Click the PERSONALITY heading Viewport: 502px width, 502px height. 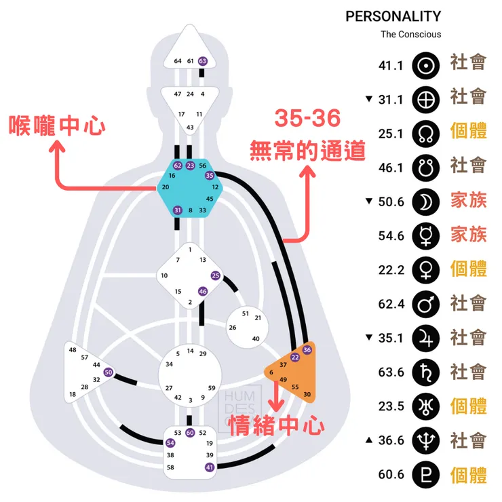pos(393,16)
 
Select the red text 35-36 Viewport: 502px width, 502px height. pos(307,117)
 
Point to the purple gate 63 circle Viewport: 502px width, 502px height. pos(202,61)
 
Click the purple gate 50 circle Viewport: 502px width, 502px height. pos(109,372)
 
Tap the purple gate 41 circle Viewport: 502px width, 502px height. pos(209,467)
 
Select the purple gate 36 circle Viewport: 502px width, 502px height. pos(307,349)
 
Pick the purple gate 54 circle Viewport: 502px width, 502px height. pos(170,443)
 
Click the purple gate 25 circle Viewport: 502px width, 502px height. pos(216,275)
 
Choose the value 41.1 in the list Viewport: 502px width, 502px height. pos(391,66)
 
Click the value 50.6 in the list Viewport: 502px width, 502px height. pos(391,201)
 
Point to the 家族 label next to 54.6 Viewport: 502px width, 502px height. pos(468,235)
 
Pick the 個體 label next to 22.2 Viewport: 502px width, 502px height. pos(468,269)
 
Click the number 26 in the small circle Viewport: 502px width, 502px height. pos(233,327)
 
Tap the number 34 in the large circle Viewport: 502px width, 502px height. pos(169,364)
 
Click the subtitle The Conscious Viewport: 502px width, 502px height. pos(410,34)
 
